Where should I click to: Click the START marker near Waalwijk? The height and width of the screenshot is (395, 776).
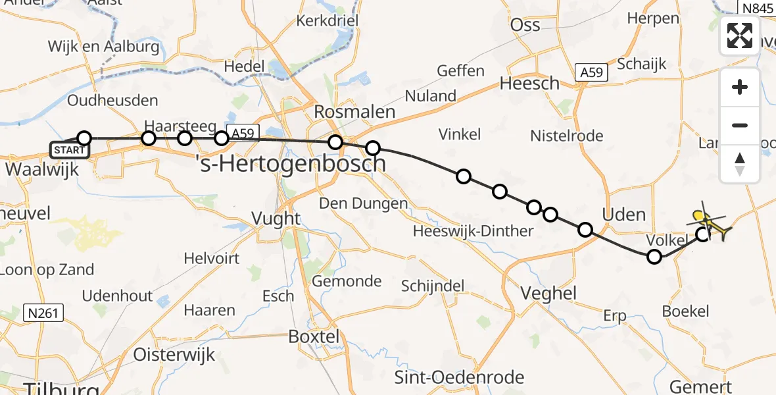(x=68, y=150)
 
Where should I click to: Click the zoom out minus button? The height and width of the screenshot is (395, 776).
(x=740, y=125)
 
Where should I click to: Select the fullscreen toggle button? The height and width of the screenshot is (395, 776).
(x=740, y=36)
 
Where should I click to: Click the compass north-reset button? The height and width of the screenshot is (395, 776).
(x=740, y=163)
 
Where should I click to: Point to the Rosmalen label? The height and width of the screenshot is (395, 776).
(x=354, y=112)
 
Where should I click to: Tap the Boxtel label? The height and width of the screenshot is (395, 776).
(x=314, y=337)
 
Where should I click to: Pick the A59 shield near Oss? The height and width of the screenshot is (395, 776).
(x=591, y=72)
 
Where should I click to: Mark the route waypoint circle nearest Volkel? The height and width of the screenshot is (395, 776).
(x=654, y=257)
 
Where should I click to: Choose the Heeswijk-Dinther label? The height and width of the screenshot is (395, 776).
(x=473, y=231)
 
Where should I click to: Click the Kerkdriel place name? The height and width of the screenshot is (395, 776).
(x=327, y=21)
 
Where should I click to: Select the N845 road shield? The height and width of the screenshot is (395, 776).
(x=758, y=8)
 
